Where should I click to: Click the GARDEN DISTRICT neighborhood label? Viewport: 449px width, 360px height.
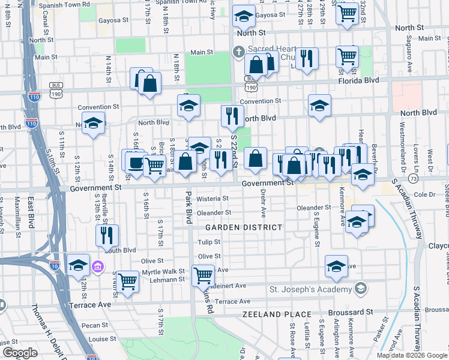pyautogui.click(x=244, y=227)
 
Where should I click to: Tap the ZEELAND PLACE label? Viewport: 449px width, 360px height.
pyautogui.click(x=277, y=314)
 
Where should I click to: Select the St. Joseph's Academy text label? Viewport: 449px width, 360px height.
pyautogui.click(x=310, y=289)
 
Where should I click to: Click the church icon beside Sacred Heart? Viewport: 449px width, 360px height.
pyautogui.click(x=238, y=52)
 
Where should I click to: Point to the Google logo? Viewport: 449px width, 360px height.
pyautogui.click(x=20, y=353)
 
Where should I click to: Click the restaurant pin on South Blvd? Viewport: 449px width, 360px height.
pyautogui.click(x=107, y=235)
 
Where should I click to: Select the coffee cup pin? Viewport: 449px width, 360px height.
pyautogui.click(x=133, y=161)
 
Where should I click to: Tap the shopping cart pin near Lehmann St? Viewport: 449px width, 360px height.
pyautogui.click(x=127, y=280)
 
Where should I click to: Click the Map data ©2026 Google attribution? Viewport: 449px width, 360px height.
pyautogui.click(x=412, y=355)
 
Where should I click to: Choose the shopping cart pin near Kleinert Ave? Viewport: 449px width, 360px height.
pyautogui.click(x=203, y=275)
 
